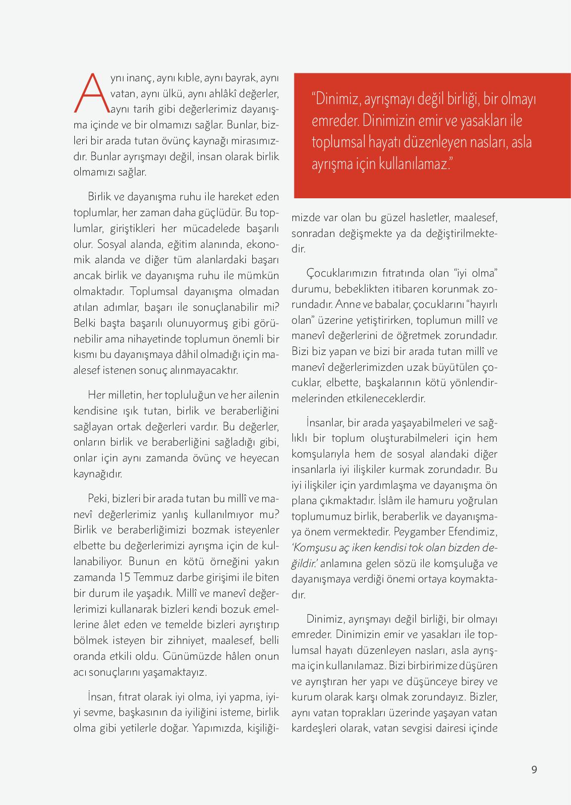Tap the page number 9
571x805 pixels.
534,769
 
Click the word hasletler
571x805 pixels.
420,218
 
